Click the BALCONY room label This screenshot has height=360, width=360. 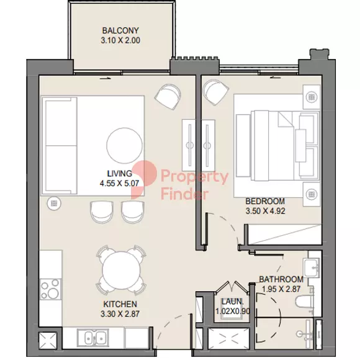120,30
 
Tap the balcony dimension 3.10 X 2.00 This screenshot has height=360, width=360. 120,40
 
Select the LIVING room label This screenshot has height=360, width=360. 120,174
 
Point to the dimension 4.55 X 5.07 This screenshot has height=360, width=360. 119,184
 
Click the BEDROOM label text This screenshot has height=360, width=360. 265,201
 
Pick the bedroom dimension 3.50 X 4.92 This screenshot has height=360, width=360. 266,211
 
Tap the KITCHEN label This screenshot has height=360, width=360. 120,304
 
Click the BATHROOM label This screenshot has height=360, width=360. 281,279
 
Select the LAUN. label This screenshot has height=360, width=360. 232,302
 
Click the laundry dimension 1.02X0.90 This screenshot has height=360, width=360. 233,312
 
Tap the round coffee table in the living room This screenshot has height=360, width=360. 124,145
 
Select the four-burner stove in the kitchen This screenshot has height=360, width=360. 50,289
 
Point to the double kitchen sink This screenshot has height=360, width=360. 93,338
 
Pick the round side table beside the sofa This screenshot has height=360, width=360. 54,204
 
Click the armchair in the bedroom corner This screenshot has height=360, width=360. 216,92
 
